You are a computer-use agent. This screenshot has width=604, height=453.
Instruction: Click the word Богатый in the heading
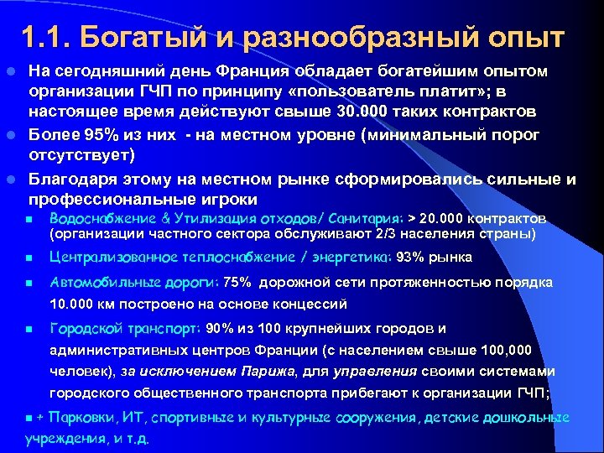pyautogui.click(x=139, y=37)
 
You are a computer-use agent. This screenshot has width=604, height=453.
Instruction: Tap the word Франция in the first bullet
pyautogui.click(x=253, y=68)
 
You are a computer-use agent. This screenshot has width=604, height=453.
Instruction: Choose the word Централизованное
pyautogui.click(x=112, y=258)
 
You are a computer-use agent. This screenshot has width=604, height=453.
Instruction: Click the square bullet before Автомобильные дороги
pyautogui.click(x=28, y=283)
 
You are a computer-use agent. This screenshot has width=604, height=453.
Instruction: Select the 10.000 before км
pyautogui.click(x=70, y=305)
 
